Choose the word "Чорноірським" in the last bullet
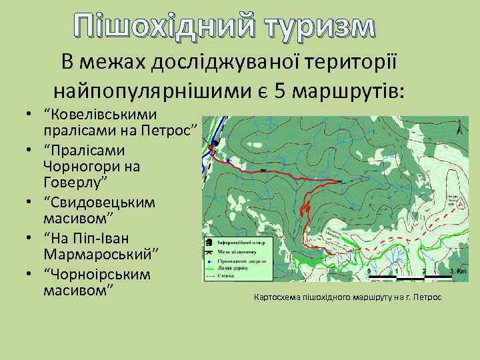point(97,275)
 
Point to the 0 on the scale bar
point(369,272)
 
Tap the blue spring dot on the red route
point(228,161)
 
